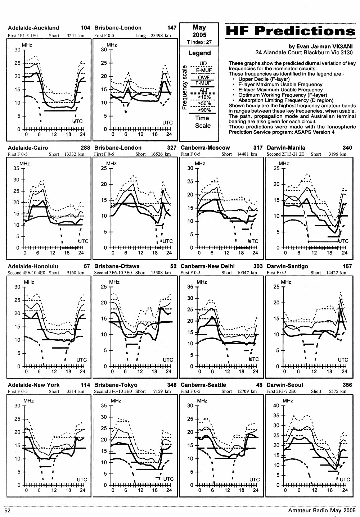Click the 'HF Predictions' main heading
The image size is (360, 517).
click(291, 31)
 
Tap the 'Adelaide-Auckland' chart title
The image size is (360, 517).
click(33, 28)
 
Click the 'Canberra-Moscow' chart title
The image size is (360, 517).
click(205, 148)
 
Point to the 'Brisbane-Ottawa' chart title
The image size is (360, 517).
click(117, 266)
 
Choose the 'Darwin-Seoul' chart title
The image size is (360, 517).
click(285, 385)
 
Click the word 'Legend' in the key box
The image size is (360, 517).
click(200, 53)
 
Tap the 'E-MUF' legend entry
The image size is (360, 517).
click(204, 70)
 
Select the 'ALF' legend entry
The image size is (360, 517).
click(204, 90)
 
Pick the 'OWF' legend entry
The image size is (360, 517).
click(204, 78)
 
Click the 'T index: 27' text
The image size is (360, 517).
click(199, 42)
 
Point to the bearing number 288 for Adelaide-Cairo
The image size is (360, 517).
click(85, 148)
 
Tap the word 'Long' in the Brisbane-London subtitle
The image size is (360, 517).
click(141, 36)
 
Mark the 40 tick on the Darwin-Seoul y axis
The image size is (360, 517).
click(276, 405)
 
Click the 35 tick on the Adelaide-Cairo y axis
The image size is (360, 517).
click(17, 168)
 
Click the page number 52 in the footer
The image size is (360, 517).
click(8, 510)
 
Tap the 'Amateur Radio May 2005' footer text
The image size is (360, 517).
click(322, 511)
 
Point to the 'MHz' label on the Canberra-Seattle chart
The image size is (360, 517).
click(202, 401)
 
